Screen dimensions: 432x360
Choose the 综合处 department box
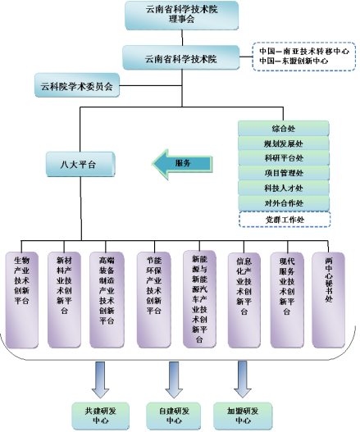(x=283, y=129)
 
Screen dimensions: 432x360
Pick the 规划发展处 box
(x=283, y=143)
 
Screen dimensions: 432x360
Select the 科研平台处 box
(x=283, y=158)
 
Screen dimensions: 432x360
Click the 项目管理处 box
(x=283, y=173)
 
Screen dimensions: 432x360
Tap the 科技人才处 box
(x=283, y=188)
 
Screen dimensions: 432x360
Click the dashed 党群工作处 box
(x=283, y=219)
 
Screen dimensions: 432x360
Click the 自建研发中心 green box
(x=173, y=414)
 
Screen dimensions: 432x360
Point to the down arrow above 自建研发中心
(x=173, y=378)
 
